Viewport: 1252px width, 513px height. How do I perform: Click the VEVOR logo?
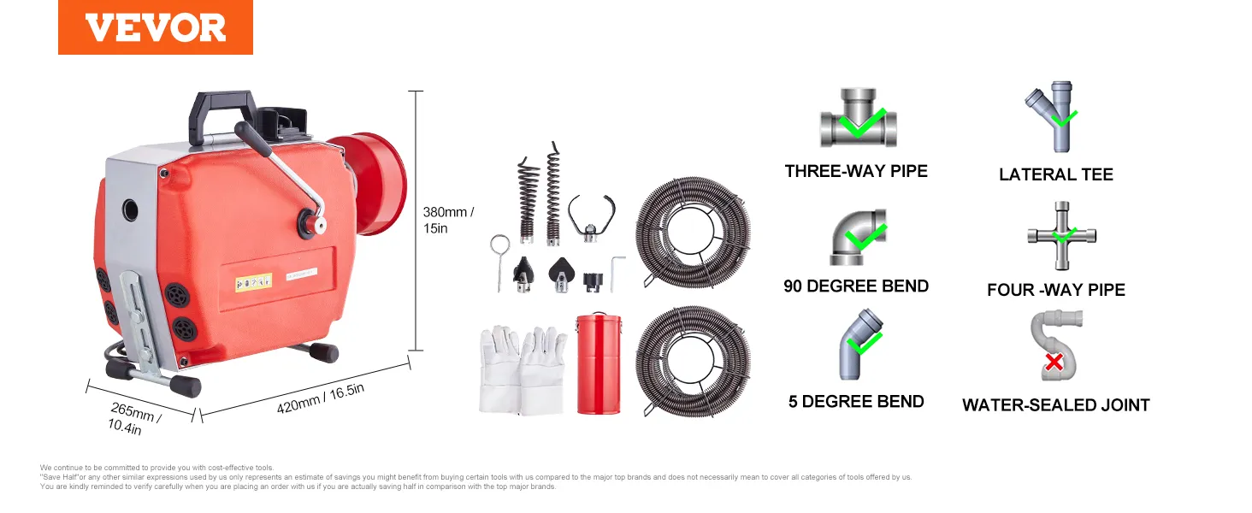[156, 27]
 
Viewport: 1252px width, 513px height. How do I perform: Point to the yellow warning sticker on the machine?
[253, 282]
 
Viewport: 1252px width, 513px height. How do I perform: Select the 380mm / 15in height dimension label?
[448, 221]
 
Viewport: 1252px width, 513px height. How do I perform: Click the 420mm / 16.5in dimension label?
[320, 398]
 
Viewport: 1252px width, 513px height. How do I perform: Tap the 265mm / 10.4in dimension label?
[134, 419]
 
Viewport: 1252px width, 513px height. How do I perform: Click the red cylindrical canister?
[599, 363]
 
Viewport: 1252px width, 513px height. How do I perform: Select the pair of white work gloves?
[523, 371]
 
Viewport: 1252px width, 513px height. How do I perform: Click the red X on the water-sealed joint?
[1054, 363]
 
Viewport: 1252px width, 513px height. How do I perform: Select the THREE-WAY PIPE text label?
[856, 171]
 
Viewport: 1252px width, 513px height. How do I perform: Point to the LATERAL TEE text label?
[1056, 174]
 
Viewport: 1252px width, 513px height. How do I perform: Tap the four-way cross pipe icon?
[1061, 236]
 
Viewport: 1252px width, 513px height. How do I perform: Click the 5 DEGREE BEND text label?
[856, 401]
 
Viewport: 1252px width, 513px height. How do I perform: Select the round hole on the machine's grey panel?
[130, 210]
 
